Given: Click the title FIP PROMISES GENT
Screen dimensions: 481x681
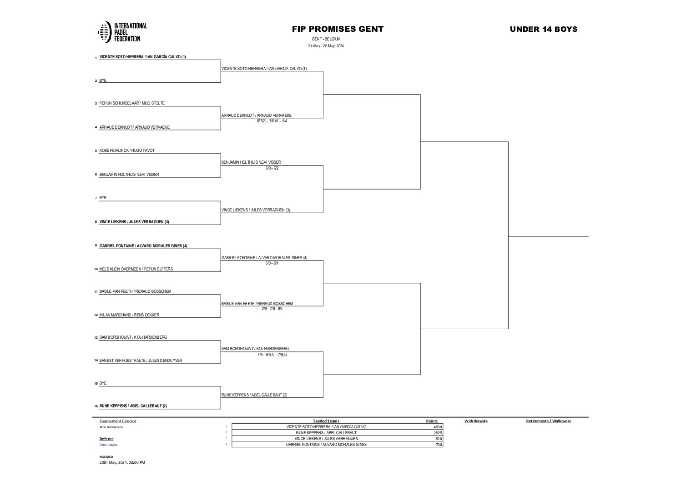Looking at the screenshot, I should [338, 29].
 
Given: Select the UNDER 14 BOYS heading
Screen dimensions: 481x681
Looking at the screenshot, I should [543, 29].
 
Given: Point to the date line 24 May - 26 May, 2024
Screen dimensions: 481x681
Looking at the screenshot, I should [326, 46].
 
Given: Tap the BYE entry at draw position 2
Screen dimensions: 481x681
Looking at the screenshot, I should [103, 80].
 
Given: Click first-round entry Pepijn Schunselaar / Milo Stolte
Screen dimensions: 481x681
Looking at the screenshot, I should [132, 104].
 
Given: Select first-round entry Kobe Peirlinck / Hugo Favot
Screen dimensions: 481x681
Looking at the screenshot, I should [127, 150].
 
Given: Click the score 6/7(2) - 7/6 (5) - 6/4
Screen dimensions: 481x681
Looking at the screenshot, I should [272, 121].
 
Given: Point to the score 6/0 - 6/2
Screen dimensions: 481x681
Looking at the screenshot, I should [272, 168].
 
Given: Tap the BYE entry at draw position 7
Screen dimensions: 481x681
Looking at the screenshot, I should [103, 198].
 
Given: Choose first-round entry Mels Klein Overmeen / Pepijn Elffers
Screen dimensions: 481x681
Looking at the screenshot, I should [136, 269].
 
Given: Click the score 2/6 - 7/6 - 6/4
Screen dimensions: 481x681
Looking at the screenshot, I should [272, 309].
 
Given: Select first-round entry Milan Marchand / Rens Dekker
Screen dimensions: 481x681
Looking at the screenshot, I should [129, 315].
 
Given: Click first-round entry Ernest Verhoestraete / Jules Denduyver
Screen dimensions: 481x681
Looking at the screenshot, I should [141, 361].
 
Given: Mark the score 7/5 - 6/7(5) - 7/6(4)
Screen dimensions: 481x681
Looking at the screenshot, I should [272, 355].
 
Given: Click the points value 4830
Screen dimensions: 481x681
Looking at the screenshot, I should [437, 427].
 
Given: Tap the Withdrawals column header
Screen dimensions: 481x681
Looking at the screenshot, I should [475, 421].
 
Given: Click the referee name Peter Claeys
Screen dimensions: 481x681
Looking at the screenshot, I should [108, 445].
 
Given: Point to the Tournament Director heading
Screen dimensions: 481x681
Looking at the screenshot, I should [117, 421].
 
